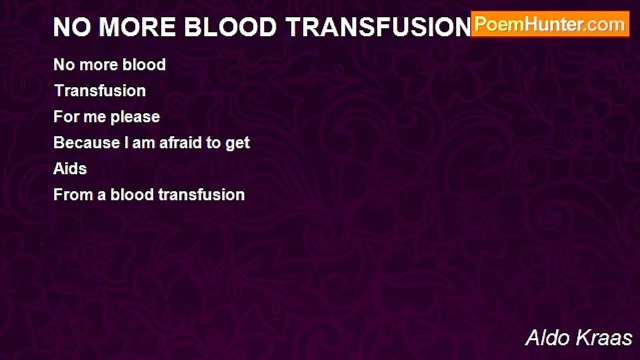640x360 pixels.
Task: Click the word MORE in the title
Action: tap(137, 27)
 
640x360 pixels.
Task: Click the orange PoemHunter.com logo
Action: tap(550, 24)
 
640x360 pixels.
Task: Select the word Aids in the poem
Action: tap(70, 168)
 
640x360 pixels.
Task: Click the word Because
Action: tap(86, 142)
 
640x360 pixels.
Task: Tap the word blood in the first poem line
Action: tap(144, 64)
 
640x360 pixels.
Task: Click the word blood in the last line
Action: tap(132, 194)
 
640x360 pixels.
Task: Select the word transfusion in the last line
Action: tap(201, 194)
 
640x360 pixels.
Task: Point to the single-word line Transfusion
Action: tap(99, 90)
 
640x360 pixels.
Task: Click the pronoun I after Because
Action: tap(126, 142)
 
